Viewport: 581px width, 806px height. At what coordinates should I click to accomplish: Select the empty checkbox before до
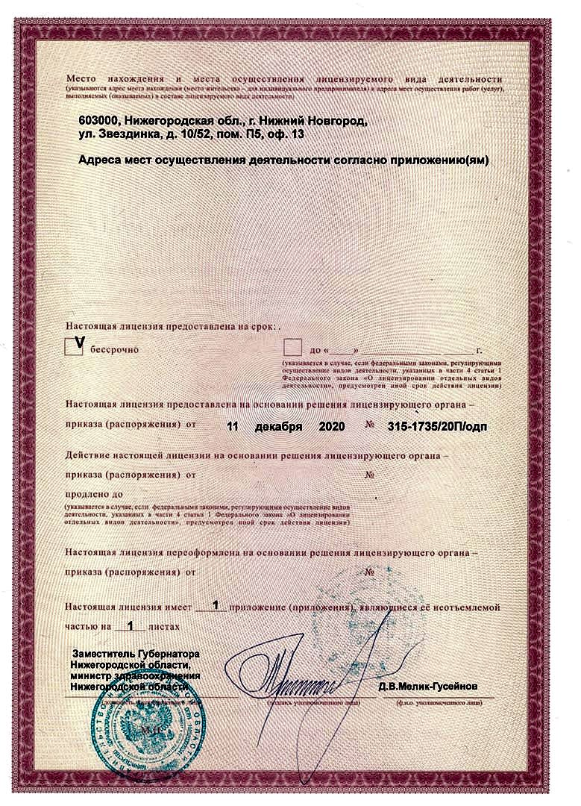pyautogui.click(x=293, y=347)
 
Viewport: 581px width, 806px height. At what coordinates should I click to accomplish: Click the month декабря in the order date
pyautogui.click(x=277, y=428)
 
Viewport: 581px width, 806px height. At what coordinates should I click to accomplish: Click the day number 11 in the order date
pyautogui.click(x=232, y=428)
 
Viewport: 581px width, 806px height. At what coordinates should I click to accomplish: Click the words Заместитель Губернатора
pyautogui.click(x=135, y=655)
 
